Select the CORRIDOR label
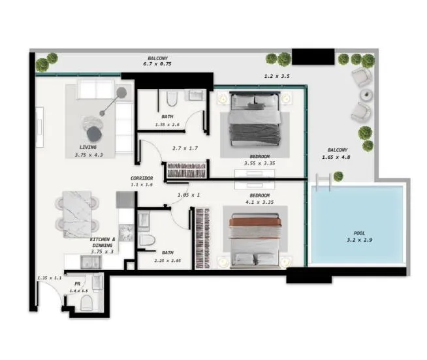tap(142, 178)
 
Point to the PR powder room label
tap(78, 284)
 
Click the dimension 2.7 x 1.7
tap(185, 148)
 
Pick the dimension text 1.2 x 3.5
tap(276, 76)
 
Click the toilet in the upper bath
tap(172, 99)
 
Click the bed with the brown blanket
tap(255, 235)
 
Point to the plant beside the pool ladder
tap(338, 176)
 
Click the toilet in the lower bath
tap(147, 238)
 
